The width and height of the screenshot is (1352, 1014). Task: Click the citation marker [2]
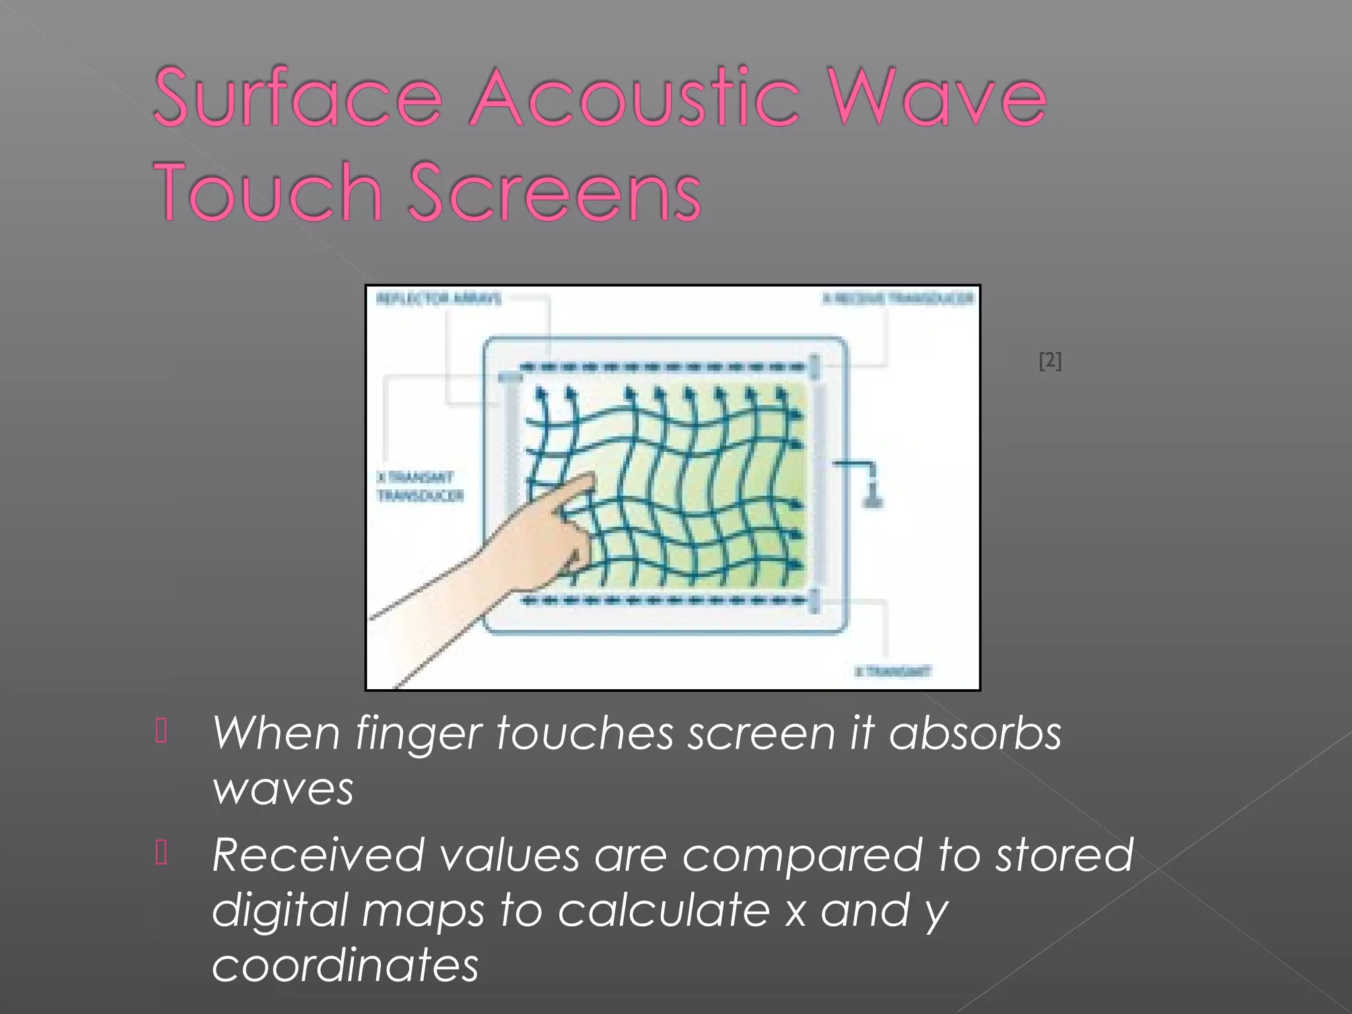pyautogui.click(x=1050, y=361)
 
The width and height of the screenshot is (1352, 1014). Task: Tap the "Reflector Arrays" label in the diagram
pyautogui.click(x=438, y=299)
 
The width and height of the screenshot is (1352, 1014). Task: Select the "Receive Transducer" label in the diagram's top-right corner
pyautogui.click(x=898, y=298)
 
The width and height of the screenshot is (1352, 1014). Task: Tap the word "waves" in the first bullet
pyautogui.click(x=283, y=790)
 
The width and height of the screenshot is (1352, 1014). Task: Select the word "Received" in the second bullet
pyautogui.click(x=318, y=855)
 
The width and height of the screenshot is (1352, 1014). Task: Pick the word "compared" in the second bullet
pyautogui.click(x=801, y=856)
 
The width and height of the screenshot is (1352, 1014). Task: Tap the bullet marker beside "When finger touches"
pyautogui.click(x=161, y=731)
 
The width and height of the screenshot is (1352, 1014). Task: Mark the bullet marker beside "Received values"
pyautogui.click(x=161, y=852)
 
